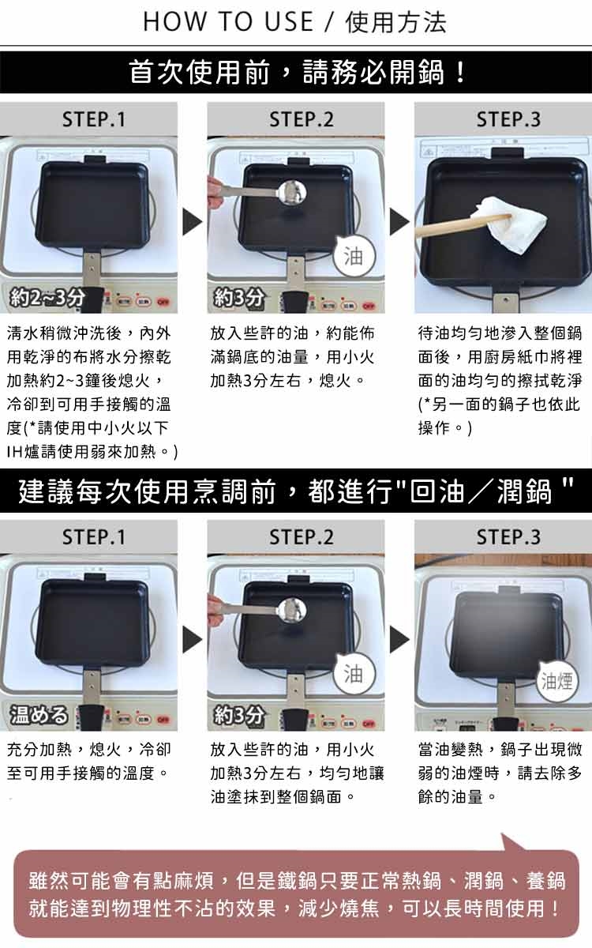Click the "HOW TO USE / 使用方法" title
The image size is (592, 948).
(294, 22)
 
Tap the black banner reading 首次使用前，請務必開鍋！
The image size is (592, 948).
(296, 73)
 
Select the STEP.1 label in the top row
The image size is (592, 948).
(94, 119)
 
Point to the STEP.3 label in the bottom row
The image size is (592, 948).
(508, 537)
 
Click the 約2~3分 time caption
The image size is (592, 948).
(47, 298)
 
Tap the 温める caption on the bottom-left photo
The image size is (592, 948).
(39, 715)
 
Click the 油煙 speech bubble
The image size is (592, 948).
(557, 681)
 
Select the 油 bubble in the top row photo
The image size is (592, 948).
(354, 256)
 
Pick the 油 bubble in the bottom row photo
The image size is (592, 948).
(354, 673)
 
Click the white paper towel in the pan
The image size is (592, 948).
(512, 224)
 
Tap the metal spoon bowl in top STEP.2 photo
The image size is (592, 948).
(293, 193)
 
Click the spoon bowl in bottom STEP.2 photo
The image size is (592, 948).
(293, 610)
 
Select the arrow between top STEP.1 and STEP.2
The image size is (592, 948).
(192, 222)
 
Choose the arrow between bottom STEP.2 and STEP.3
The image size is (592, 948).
(399, 639)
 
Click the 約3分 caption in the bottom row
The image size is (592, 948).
(239, 715)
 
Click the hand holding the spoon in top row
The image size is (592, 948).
(215, 193)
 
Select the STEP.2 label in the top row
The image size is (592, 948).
(301, 119)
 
